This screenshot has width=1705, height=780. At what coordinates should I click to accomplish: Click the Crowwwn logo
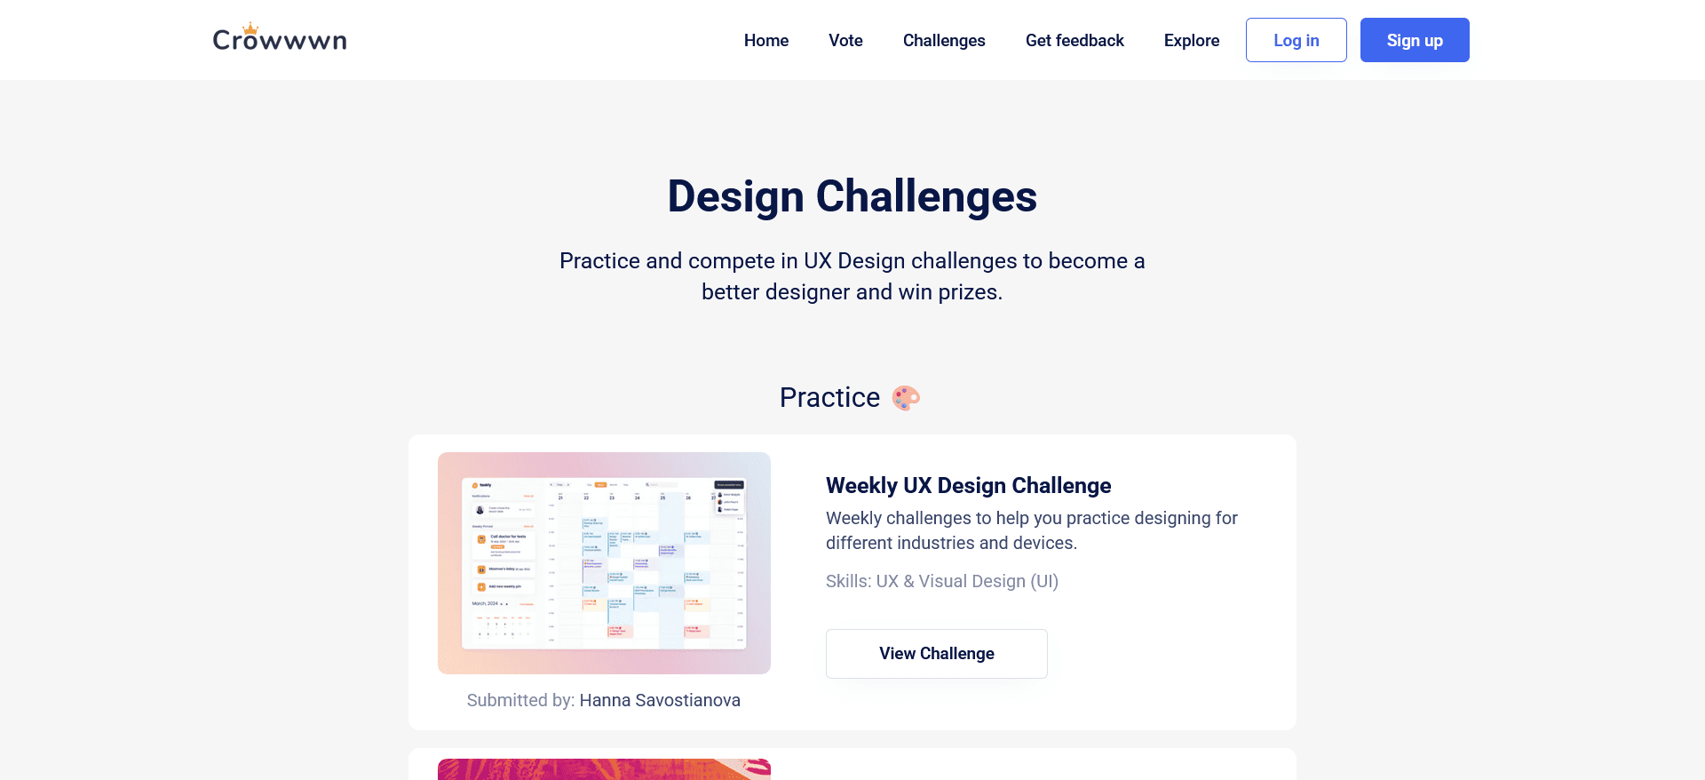pyautogui.click(x=280, y=40)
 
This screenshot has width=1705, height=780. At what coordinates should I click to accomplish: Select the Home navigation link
pyautogui.click(x=765, y=40)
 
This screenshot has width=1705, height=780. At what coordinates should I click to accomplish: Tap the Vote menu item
pyautogui.click(x=845, y=40)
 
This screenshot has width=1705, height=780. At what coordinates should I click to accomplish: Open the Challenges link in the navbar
pyautogui.click(x=944, y=40)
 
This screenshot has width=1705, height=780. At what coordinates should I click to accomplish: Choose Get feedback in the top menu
pyautogui.click(x=1075, y=40)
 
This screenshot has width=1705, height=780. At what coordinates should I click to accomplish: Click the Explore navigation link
pyautogui.click(x=1191, y=40)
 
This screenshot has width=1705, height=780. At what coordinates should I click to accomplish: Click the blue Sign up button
pyautogui.click(x=1414, y=40)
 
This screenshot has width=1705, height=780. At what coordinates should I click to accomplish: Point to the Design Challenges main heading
pyautogui.click(x=852, y=196)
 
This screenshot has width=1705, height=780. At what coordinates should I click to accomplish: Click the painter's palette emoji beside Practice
pyautogui.click(x=906, y=397)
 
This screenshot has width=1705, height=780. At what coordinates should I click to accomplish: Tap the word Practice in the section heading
pyautogui.click(x=829, y=397)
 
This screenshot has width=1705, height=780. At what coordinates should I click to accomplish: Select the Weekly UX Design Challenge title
pyautogui.click(x=968, y=485)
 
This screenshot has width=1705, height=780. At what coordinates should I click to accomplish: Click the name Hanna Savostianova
pyautogui.click(x=660, y=700)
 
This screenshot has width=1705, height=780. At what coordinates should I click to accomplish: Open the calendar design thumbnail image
pyautogui.click(x=604, y=563)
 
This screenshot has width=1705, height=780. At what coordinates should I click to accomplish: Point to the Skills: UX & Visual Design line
pyautogui.click(x=941, y=581)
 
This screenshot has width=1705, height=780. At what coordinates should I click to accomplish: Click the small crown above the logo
pyautogui.click(x=250, y=28)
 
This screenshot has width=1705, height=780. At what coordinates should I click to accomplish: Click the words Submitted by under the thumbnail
pyautogui.click(x=520, y=700)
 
